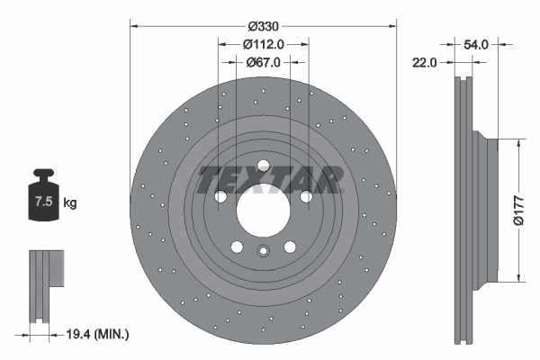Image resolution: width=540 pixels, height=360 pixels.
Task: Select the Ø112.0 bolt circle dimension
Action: coord(264,43)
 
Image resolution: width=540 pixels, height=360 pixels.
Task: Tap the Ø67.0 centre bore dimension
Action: coord(264,62)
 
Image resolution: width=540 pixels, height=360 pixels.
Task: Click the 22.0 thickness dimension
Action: coord(426,62)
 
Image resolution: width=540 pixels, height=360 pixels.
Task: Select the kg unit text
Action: coord(70,203)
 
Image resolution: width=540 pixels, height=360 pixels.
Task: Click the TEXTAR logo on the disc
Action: coord(270,180)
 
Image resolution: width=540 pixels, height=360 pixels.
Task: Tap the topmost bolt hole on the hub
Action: coord(263,165)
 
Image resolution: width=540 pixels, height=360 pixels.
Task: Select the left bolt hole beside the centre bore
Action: coord(220,196)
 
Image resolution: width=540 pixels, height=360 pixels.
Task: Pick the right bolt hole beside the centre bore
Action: coord(306,196)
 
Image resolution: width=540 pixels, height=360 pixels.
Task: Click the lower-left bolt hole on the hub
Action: coord(236,247)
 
